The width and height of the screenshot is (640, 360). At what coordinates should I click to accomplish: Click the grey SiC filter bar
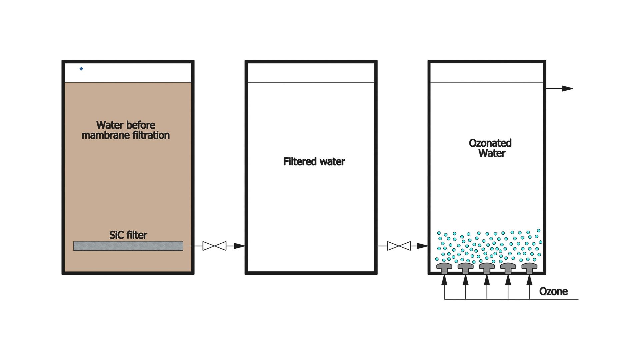point(128,246)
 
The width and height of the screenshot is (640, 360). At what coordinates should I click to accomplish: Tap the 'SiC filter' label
point(128,235)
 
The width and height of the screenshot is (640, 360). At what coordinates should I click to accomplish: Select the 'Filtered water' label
point(314,162)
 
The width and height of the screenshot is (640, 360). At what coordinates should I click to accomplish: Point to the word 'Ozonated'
point(490,143)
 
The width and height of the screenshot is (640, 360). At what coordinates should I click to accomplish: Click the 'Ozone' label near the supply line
point(553,291)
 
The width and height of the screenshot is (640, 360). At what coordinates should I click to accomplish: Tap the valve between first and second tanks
point(214,246)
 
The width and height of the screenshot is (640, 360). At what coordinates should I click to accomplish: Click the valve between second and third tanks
point(399,246)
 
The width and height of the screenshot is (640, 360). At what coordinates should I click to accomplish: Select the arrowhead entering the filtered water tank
point(239,246)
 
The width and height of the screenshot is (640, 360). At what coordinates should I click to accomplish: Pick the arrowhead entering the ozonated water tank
point(422,246)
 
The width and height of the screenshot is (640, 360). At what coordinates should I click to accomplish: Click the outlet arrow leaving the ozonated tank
point(559,89)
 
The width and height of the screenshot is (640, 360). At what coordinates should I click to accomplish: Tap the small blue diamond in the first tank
point(81,69)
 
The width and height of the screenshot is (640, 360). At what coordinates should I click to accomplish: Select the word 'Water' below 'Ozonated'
point(492,153)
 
